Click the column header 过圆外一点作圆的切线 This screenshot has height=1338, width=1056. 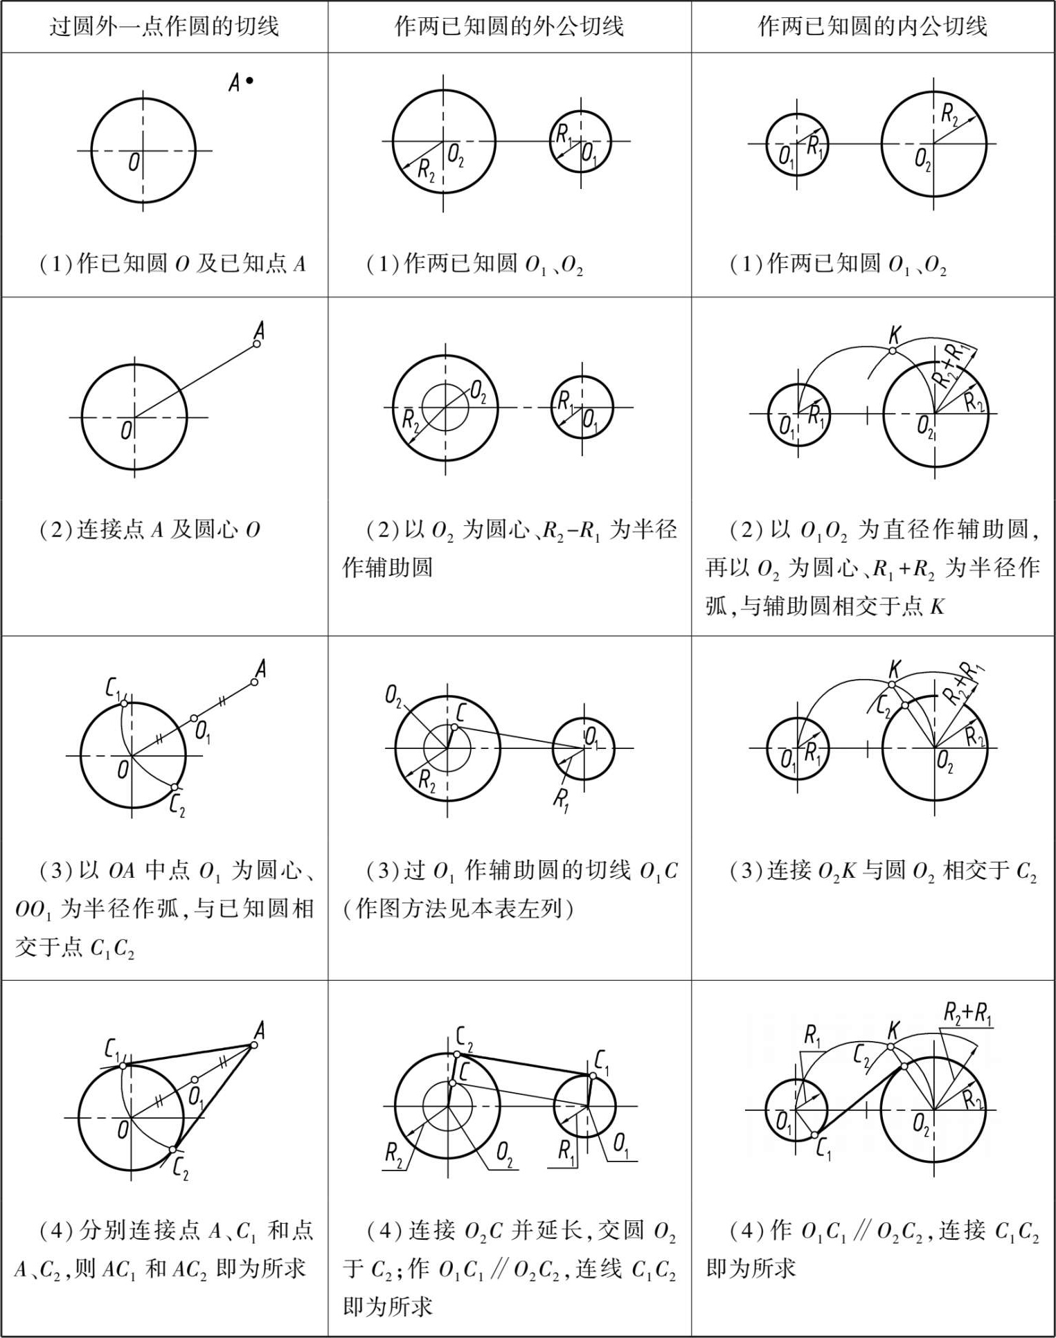[x=164, y=27]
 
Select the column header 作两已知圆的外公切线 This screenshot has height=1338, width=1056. [x=509, y=27]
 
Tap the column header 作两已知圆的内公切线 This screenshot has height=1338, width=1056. [x=872, y=27]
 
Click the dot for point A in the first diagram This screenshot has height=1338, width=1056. [x=250, y=81]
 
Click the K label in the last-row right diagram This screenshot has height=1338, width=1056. [x=894, y=1030]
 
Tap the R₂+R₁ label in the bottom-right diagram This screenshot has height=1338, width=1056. [x=967, y=1014]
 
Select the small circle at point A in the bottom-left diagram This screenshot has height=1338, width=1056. [x=253, y=1044]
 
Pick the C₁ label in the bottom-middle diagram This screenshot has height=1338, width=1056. [x=602, y=1060]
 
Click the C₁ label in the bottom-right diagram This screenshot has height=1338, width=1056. [x=823, y=1150]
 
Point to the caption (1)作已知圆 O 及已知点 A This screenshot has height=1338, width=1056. [x=172, y=264]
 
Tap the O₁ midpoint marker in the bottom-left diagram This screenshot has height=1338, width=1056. [x=195, y=1080]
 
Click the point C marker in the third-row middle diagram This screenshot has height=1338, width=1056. [x=454, y=727]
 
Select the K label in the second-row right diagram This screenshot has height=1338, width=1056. [x=894, y=336]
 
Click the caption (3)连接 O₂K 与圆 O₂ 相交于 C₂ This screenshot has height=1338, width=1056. [x=883, y=871]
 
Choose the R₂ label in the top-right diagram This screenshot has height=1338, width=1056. [x=950, y=114]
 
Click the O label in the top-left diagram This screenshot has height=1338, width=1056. [x=134, y=163]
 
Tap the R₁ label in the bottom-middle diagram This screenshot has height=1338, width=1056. [x=566, y=1150]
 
